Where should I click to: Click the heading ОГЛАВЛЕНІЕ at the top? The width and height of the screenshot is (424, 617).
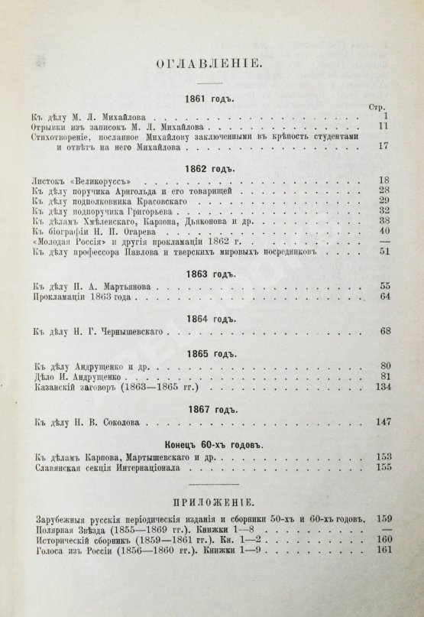209,66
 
